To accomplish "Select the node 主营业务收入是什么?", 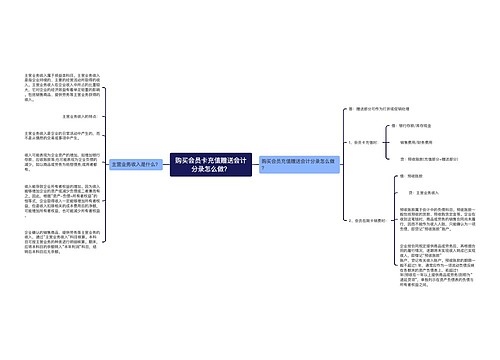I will [137, 164].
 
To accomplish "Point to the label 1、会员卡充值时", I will [372, 144].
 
